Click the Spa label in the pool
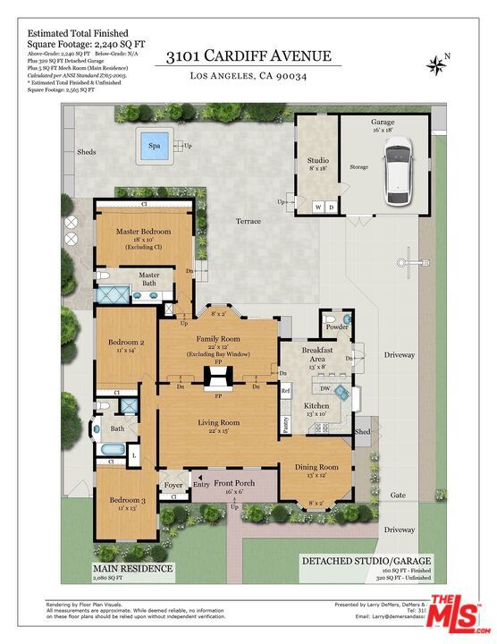pos(155,145)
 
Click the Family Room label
pos(218,339)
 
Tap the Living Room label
pos(218,422)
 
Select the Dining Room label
pos(317,467)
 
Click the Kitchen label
pos(316,405)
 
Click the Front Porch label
pos(234,484)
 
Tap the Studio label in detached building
pos(317,161)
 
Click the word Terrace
pos(248,220)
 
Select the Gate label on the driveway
pos(397,495)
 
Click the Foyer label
pos(173,486)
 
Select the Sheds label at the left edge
pos(86,152)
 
